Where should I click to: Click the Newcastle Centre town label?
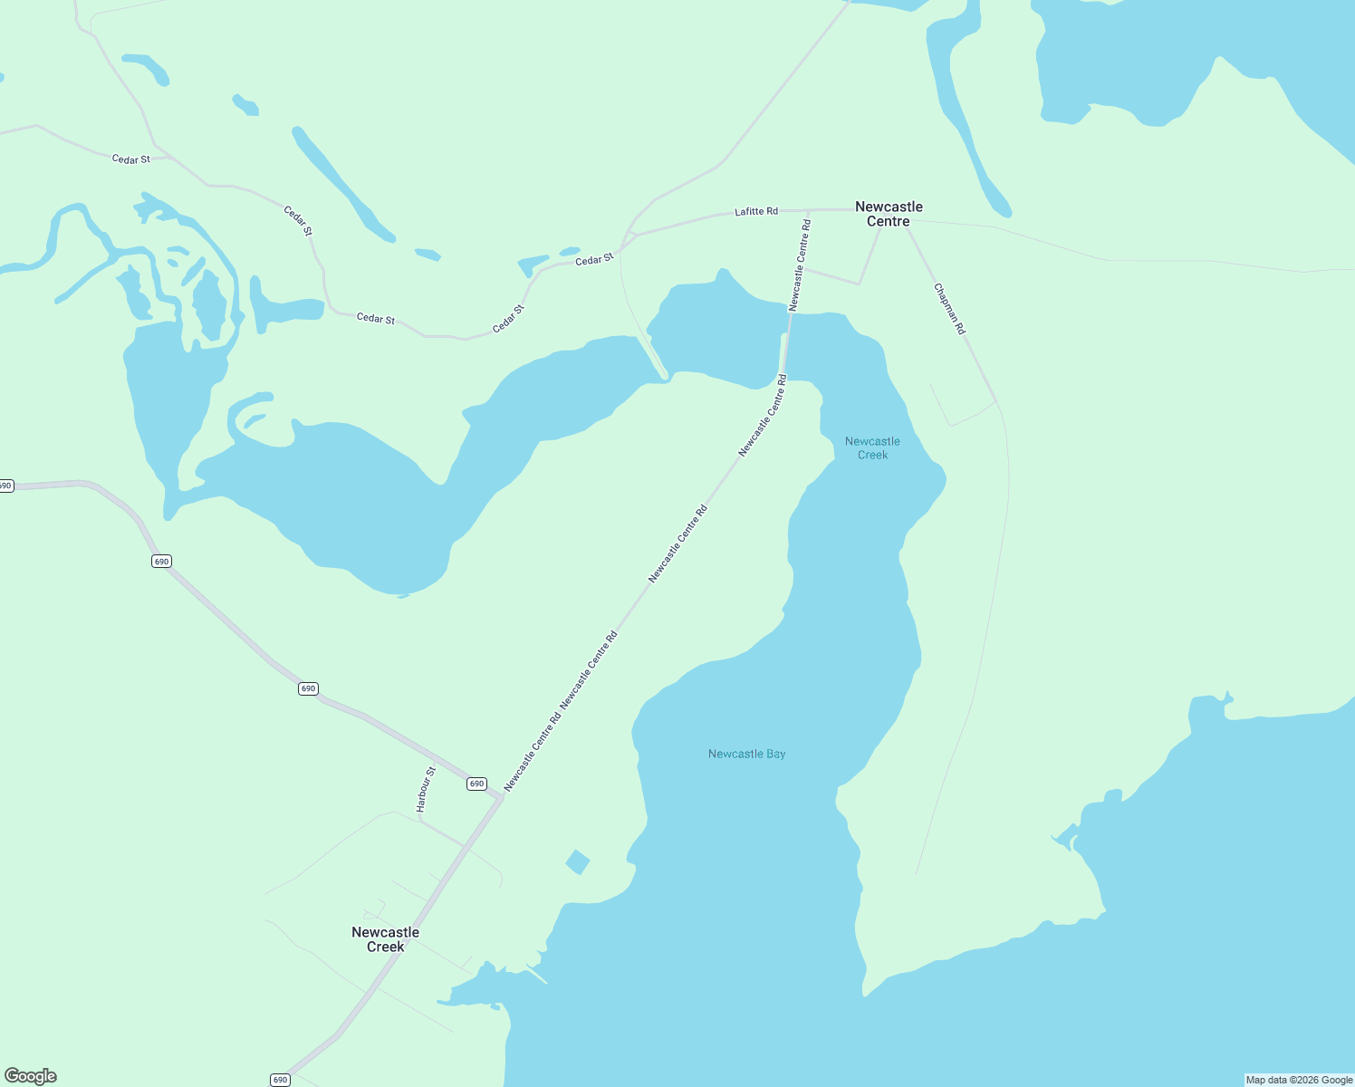[x=889, y=214]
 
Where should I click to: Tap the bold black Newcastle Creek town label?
[x=385, y=939]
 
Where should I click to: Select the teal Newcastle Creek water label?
[x=872, y=448]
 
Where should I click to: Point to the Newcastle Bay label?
[x=746, y=754]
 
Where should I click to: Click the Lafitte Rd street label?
[x=755, y=211]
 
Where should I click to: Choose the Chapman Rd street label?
[x=949, y=309]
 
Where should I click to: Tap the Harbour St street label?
[x=426, y=789]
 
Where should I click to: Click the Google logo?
[x=31, y=1076]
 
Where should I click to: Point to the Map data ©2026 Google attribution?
[x=1299, y=1080]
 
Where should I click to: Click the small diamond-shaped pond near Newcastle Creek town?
[x=577, y=861]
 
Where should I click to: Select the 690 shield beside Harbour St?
[x=476, y=784]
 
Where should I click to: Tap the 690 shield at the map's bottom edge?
[x=280, y=1080]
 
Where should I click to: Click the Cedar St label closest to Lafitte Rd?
[x=594, y=261]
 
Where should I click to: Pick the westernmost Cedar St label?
[x=131, y=159]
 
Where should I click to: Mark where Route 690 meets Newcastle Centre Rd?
[x=501, y=798]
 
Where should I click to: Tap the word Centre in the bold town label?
[x=889, y=222]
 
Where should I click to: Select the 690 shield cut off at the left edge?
[x=5, y=486]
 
